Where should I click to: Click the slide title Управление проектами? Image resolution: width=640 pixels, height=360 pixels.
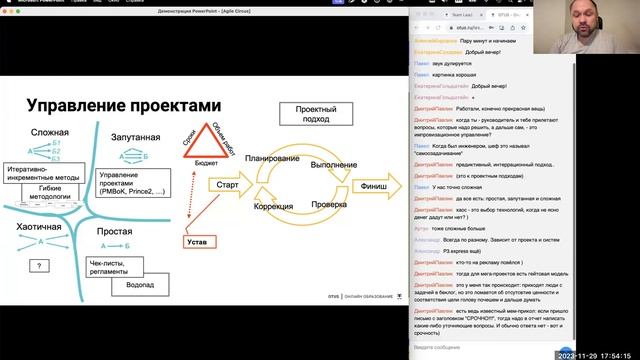coord(121,104)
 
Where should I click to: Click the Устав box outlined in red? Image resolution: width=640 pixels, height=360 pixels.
coord(199,240)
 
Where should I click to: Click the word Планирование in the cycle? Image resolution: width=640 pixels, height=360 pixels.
coord(269,159)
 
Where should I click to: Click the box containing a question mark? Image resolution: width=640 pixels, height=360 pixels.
coord(38,265)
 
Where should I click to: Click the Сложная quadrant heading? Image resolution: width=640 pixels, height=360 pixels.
coord(49,133)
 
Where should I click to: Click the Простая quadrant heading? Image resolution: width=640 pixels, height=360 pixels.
coord(115,232)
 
